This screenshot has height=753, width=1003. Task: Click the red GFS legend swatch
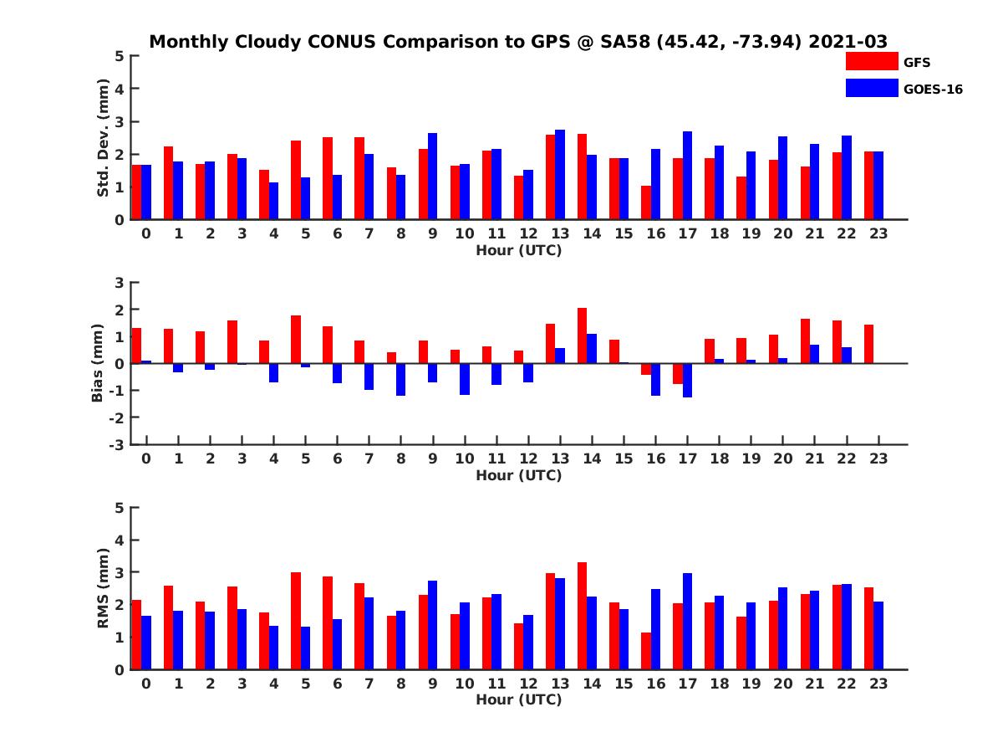(871, 61)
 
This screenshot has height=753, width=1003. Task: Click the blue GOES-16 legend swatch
(871, 88)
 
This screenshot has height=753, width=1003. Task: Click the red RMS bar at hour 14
(582, 616)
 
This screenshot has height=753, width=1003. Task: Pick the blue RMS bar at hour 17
(687, 621)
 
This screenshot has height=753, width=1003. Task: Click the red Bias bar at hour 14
(582, 336)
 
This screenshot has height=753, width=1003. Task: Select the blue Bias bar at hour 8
(400, 379)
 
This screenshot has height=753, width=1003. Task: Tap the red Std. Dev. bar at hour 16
(645, 202)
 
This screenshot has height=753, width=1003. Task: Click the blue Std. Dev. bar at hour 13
(560, 175)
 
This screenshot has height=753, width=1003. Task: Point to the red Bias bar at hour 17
(677, 373)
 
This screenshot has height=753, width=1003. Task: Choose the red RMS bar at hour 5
(296, 621)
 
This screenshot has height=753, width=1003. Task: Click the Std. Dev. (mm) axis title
(104, 138)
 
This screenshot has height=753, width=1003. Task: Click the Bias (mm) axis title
(98, 363)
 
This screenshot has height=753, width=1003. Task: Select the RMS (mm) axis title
(104, 588)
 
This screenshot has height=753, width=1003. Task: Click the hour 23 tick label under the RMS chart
(878, 683)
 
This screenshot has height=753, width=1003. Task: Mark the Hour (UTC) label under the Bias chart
(518, 475)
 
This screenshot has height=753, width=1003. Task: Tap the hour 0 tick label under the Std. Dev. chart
(146, 233)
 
